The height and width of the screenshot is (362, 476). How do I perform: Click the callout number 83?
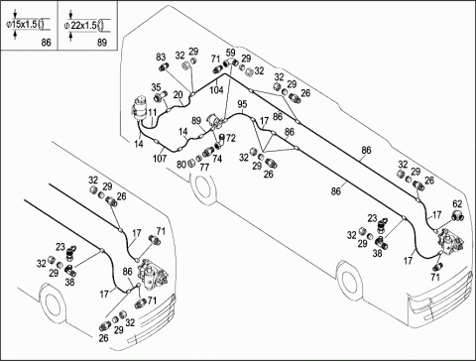tap(161, 57)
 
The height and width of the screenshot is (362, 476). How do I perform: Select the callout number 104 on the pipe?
tap(217, 89)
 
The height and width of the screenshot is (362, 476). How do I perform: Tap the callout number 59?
tap(231, 52)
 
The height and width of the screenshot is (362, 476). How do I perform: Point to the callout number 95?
tap(242, 104)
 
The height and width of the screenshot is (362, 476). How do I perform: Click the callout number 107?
tap(160, 159)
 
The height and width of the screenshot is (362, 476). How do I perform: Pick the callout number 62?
tap(457, 204)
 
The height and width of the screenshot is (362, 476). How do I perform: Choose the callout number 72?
tap(231, 138)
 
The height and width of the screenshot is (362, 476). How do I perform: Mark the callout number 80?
tap(181, 165)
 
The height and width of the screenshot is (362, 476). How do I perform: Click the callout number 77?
tap(204, 168)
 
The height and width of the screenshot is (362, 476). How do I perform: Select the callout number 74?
tap(217, 159)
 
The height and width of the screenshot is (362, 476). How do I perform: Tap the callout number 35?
tap(156, 87)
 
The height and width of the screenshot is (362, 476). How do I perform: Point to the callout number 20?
tap(178, 95)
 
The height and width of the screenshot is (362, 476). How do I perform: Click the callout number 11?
tap(152, 113)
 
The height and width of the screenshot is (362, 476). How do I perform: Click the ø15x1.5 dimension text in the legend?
tap(22, 24)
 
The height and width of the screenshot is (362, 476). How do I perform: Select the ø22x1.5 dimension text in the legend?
tap(80, 25)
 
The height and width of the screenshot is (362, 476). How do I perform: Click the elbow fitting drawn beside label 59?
tap(231, 61)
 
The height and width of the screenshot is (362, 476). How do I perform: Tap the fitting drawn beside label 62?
tap(458, 215)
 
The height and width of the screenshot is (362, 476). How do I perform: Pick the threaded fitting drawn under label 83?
tap(164, 67)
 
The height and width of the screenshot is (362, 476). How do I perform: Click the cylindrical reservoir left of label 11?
tap(140, 107)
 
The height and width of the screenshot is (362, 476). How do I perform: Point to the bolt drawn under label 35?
tap(160, 98)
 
